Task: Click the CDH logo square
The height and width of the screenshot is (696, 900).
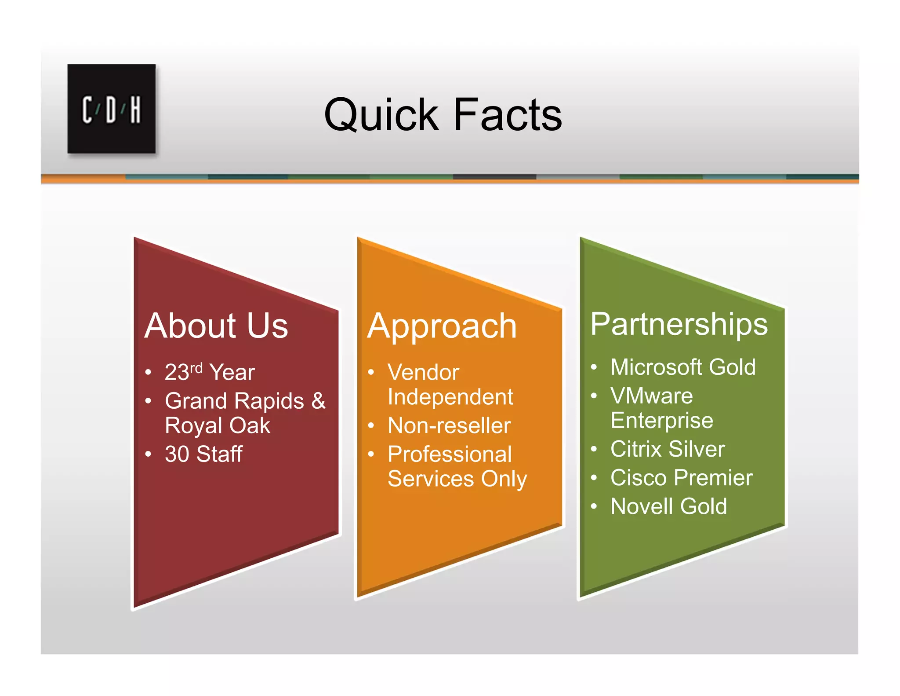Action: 111,109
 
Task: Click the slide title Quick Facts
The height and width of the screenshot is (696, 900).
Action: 443,115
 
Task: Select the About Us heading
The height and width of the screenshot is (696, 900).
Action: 216,326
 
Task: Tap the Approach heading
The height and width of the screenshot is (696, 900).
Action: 442,326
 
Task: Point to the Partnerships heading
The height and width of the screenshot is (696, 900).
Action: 679,324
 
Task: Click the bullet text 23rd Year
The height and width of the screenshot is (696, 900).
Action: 210,372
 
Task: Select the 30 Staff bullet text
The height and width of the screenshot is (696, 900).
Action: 203,454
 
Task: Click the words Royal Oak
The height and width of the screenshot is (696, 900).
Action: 218,425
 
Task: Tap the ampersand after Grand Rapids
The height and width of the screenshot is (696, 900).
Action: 319,401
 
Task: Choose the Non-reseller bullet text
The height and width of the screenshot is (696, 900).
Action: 449,425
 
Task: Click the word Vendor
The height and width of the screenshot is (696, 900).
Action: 423,373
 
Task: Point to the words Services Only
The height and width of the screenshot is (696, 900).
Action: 457,479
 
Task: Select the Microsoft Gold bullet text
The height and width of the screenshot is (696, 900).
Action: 683,367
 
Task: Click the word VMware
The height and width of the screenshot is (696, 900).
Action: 651,396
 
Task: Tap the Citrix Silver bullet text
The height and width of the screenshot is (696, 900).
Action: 668,449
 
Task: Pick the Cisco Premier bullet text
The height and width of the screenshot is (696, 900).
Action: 682,478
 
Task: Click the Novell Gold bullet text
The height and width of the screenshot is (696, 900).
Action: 668,506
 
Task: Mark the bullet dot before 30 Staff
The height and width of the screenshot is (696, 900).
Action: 149,454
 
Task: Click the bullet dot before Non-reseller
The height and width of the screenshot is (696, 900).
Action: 371,426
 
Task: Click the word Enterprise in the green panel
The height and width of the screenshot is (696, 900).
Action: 662,421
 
